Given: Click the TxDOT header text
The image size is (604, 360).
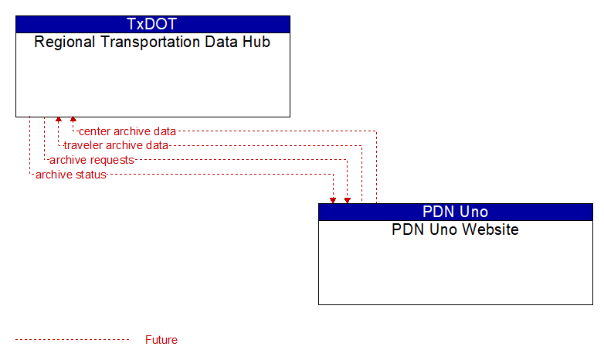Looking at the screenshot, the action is point(151,24).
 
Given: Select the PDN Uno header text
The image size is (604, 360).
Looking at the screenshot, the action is point(455,212).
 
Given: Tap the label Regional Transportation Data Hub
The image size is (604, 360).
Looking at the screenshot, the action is point(152,42).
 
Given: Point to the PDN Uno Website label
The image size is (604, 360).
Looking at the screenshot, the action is point(455,229).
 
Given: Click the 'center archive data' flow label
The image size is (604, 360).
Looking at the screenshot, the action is point(127,131).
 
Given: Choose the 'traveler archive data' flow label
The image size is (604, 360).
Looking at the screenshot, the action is point(116,145).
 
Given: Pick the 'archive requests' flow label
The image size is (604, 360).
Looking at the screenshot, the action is point(92,160).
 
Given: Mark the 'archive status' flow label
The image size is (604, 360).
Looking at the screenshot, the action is point(71,175).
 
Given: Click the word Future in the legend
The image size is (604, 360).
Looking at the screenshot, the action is point(161,340).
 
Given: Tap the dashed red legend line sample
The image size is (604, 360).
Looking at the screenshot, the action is point(72,340).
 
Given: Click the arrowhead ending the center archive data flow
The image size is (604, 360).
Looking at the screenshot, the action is point(73,119).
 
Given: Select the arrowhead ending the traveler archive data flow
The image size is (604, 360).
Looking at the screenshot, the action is point(59,119).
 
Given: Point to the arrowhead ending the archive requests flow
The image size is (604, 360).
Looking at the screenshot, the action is point(348,200).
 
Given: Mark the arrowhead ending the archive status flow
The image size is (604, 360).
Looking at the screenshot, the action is point(333,200).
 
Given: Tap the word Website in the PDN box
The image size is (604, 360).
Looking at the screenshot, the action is point(490,229).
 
